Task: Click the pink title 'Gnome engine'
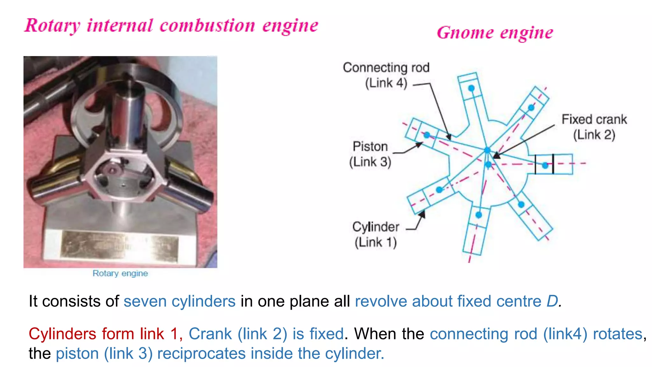pyautogui.click(x=495, y=33)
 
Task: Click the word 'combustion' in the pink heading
pyautogui.click(x=207, y=26)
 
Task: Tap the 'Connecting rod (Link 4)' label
pyautogui.click(x=386, y=75)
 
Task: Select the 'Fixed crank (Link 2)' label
pyautogui.click(x=594, y=127)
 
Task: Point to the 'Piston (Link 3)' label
pyautogui.click(x=370, y=154)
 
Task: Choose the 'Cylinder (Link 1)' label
pyautogui.click(x=376, y=234)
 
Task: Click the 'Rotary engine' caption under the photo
pyautogui.click(x=120, y=273)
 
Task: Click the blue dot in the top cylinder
pyautogui.click(x=471, y=88)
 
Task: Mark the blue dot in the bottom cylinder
pyautogui.click(x=479, y=215)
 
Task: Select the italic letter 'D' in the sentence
pyautogui.click(x=553, y=301)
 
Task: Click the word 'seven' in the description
pyautogui.click(x=145, y=301)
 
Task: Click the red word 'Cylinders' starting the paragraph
pyautogui.click(x=62, y=334)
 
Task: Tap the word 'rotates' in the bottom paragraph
pyautogui.click(x=617, y=334)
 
